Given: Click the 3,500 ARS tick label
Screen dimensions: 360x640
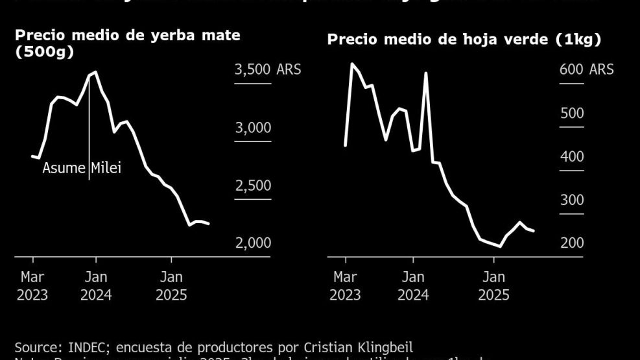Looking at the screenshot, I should coord(267,69).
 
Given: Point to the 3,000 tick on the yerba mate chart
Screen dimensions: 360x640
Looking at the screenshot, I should coord(252,128).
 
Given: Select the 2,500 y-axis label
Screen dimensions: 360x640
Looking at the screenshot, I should coord(252,186).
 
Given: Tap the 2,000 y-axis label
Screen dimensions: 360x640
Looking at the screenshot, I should coord(252,243).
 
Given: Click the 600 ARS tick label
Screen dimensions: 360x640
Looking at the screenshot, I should coord(586,69).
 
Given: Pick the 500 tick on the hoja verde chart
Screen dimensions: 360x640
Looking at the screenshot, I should coord(571,114).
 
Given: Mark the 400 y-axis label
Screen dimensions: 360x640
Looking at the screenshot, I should coord(571,156).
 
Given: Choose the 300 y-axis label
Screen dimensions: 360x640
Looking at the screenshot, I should coord(571,200).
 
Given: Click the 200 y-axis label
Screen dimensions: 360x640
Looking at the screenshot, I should coord(571,243).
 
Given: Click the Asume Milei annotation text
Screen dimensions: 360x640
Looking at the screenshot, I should coord(82,169).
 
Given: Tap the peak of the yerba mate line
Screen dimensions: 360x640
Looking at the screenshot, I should coord(96,72).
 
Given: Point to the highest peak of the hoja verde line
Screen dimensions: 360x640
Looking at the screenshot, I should coord(352,64).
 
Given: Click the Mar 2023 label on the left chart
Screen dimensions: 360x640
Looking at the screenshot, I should coord(32,286).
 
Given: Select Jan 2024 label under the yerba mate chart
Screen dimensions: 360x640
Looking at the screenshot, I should coord(96,286).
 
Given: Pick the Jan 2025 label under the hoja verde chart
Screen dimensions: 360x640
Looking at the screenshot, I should coord(493,286).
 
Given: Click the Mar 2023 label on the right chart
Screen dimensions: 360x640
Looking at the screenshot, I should coord(345,286).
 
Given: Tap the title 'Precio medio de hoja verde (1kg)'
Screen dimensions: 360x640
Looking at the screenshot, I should coord(464,40).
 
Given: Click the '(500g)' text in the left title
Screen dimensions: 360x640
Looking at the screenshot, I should coord(44,52).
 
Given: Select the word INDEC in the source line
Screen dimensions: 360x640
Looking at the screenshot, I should coord(80,347).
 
